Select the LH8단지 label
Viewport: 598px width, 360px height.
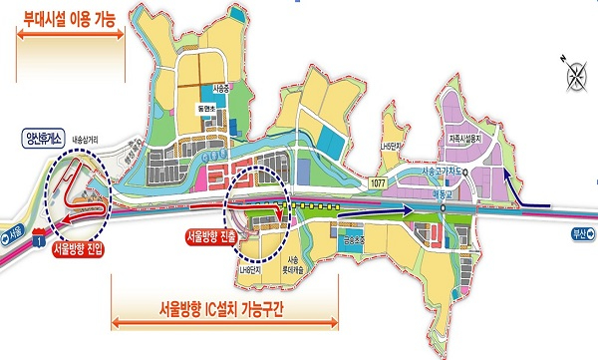250,269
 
